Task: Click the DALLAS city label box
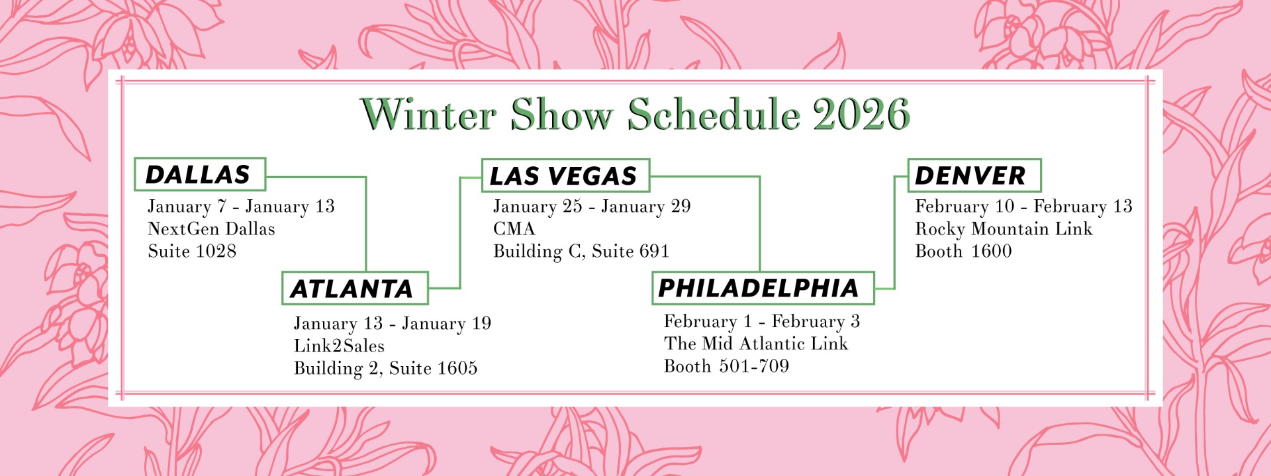[200, 174]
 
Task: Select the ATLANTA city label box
[355, 288]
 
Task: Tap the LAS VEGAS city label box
[565, 175]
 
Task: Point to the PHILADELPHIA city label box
[763, 288]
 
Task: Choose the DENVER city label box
[974, 175]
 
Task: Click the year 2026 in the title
[861, 115]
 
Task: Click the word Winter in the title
[429, 115]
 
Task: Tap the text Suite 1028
[192, 251]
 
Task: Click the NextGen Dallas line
[211, 229]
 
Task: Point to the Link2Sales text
[339, 346]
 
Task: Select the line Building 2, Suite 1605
[385, 368]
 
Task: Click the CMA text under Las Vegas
[514, 228]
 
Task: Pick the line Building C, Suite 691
[581, 251]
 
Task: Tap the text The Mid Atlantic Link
[756, 344]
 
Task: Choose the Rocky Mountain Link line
[1004, 229]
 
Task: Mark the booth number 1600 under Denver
[992, 251]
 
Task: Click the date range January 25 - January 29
[592, 207]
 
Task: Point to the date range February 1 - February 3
[762, 322]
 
